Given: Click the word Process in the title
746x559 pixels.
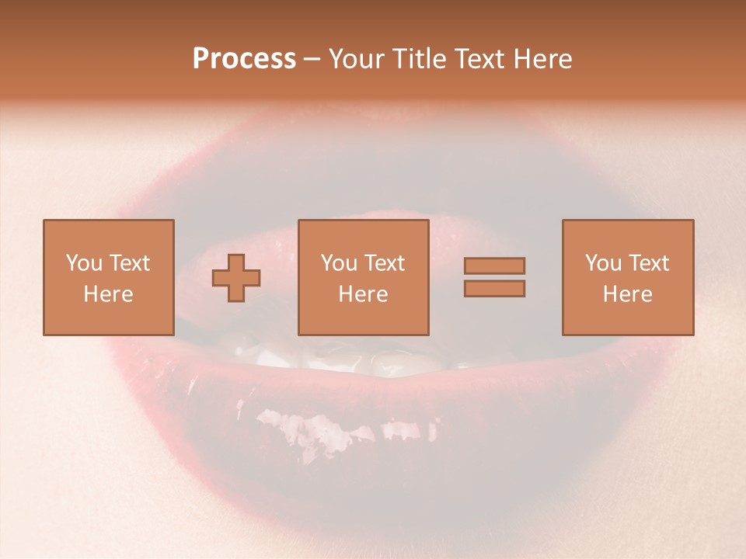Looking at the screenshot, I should (244, 59).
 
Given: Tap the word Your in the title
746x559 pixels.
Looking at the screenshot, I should (353, 59).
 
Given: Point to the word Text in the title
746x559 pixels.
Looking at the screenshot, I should (480, 59).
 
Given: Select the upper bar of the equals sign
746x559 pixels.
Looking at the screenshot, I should (494, 266).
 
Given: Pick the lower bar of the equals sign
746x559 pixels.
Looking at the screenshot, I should (494, 289).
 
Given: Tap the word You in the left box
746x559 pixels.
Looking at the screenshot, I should (84, 263).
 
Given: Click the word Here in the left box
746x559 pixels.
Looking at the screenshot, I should (108, 294).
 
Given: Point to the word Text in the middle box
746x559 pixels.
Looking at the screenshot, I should (384, 263).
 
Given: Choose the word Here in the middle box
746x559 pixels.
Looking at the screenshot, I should (363, 294).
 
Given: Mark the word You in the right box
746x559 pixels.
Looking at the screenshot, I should (603, 263).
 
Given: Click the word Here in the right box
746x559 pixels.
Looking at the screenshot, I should (627, 294).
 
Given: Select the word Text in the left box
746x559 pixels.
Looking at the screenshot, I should (129, 263).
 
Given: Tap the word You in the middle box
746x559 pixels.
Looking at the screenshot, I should (339, 263).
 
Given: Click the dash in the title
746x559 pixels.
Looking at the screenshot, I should (312, 60).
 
